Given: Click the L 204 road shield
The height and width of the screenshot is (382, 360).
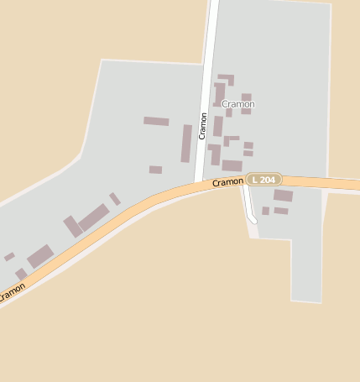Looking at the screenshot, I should coord(263,180).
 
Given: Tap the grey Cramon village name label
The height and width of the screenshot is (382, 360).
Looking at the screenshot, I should coord(237,104).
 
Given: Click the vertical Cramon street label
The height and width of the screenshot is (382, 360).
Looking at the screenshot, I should coord(202,125).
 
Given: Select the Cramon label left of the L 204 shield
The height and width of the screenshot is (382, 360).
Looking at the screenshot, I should coord(227,181).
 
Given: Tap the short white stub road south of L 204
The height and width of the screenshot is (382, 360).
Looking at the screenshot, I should coord(248,207).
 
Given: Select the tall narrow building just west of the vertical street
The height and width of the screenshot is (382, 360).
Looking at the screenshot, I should coord(186,143).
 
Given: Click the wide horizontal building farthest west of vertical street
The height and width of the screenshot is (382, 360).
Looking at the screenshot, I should coord(156,121).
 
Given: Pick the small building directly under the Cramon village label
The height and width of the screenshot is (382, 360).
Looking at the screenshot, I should coord(228,113).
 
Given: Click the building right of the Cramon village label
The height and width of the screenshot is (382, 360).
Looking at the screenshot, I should coord(246,103).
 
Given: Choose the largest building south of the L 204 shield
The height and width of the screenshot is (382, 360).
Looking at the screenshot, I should coord(283,196).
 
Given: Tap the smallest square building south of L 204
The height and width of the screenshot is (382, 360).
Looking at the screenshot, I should coord(265,211).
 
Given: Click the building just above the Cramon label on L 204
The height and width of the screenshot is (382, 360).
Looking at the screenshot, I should coord(232,165).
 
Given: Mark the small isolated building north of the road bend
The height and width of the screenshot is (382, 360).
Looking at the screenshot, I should coord(155,170).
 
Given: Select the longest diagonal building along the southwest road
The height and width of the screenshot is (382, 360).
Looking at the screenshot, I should coord(93,217).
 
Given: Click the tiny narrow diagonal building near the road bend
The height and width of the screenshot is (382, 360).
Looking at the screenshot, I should coord(115,199).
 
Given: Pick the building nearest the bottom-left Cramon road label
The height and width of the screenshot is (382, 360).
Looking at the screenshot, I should coord(21,274).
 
